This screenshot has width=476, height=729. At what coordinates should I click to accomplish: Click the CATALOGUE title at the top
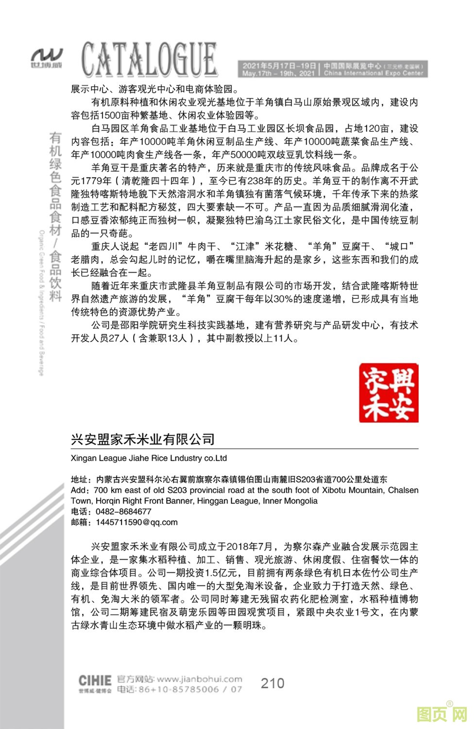coord(149,59)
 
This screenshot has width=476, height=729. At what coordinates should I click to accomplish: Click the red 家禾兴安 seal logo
coord(389,392)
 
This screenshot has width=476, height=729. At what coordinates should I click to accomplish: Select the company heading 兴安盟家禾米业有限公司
coord(143,439)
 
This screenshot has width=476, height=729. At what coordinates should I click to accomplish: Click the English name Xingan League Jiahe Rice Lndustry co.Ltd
coord(149,458)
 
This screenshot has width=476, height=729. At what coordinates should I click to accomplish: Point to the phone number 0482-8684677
coord(123,511)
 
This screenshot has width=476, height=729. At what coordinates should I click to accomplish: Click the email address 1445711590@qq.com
coord(136,522)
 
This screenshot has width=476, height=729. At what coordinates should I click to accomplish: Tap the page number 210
coord(272,683)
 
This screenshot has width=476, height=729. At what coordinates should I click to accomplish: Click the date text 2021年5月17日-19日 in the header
coord(279,66)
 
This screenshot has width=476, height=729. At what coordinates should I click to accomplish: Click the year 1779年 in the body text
coord(96,181)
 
